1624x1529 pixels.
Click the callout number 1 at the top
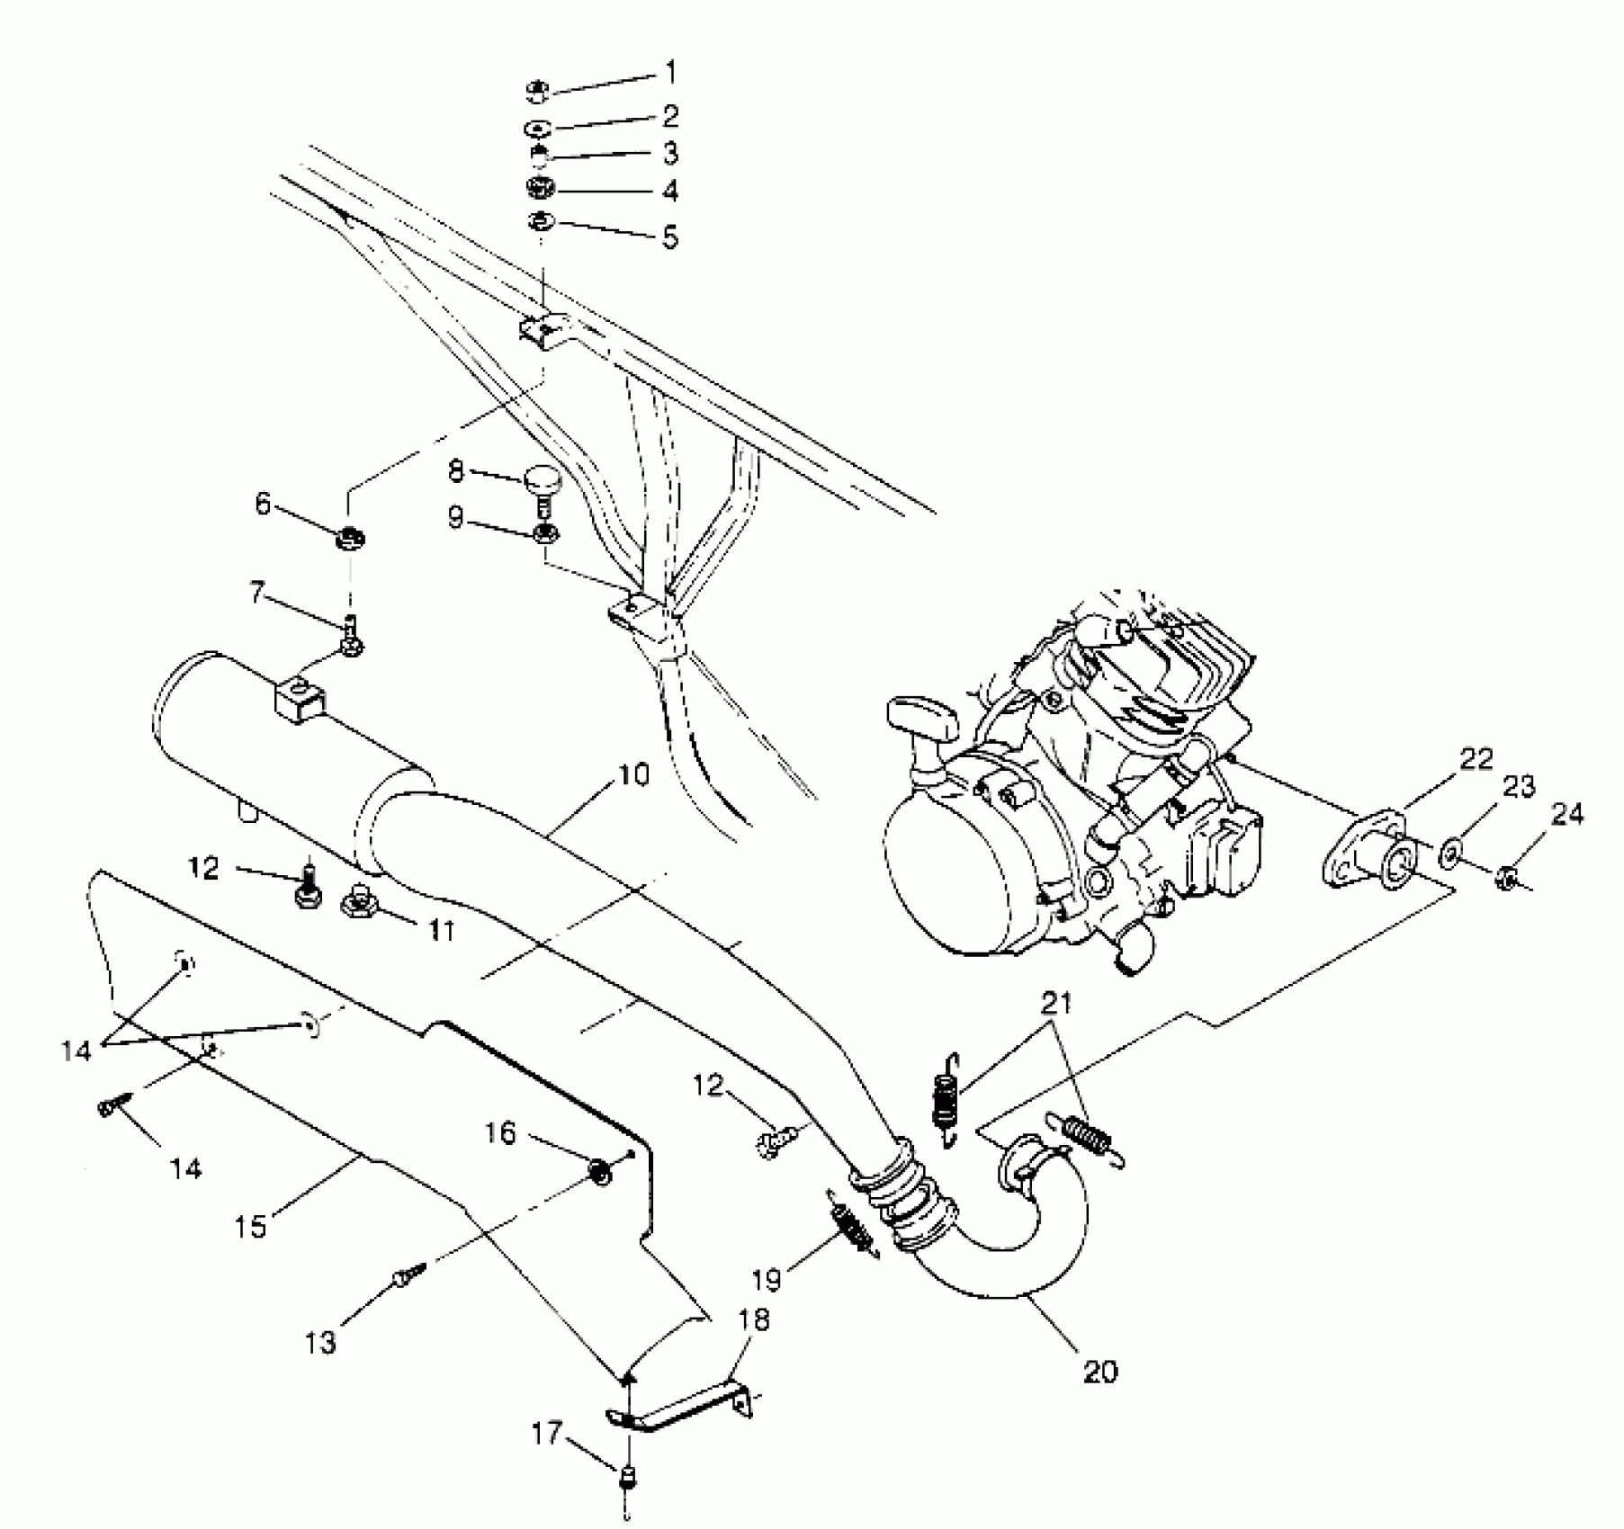[x=670, y=72]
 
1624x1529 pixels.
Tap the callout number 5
[x=669, y=237]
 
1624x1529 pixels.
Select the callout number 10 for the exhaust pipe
[x=633, y=774]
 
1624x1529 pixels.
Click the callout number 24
[x=1566, y=815]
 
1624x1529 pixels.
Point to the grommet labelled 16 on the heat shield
[x=597, y=1172]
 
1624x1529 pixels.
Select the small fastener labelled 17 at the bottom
[x=625, y=1477]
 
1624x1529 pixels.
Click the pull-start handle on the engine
[x=920, y=720]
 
